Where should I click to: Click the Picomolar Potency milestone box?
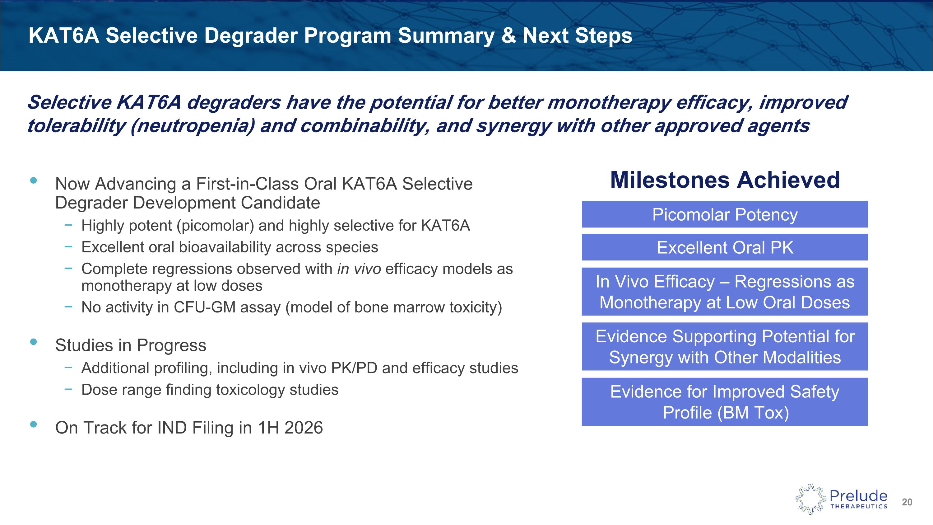click(725, 214)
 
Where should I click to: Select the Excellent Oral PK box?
click(725, 247)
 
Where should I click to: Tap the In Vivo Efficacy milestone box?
click(725, 292)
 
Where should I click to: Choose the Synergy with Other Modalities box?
click(725, 347)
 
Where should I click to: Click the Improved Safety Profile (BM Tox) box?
click(725, 402)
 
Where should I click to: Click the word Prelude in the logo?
click(858, 495)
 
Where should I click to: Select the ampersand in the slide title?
click(508, 36)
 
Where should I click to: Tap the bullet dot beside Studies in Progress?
click(34, 342)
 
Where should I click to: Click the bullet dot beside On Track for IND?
click(34, 424)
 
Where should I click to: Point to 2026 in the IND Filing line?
click(304, 428)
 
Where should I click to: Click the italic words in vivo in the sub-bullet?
click(359, 269)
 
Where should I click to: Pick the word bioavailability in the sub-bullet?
click(225, 247)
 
